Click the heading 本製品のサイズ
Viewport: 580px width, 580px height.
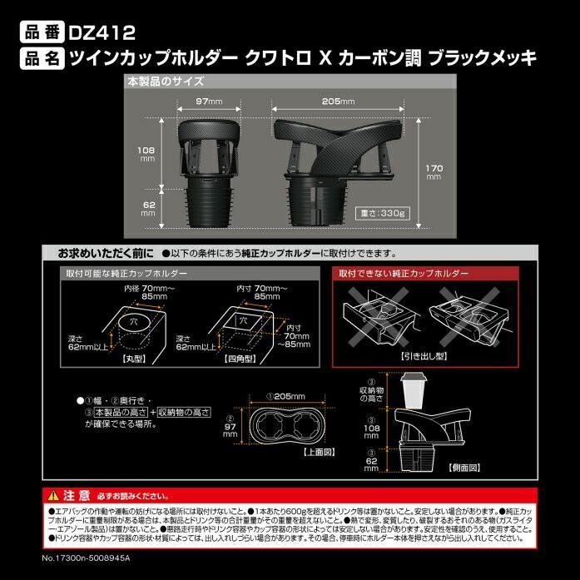(x=165, y=82)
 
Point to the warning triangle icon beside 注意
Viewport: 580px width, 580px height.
(x=54, y=491)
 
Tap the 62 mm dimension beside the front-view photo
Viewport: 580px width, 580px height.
(x=148, y=209)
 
